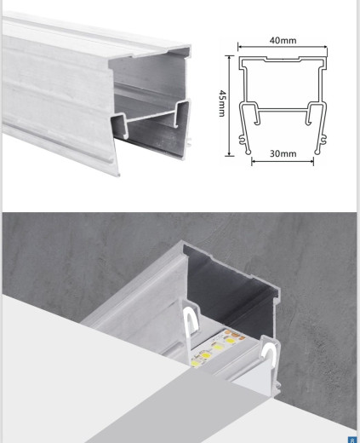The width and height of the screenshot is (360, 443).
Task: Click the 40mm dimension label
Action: point(283,40)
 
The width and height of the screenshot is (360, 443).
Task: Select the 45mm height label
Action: point(222,103)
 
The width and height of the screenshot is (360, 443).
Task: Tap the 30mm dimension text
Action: point(283,153)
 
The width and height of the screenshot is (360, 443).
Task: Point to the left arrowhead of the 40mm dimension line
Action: point(240,47)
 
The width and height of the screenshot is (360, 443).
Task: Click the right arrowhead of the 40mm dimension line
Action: point(325,47)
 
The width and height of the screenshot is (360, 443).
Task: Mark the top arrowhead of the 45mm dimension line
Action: point(229,58)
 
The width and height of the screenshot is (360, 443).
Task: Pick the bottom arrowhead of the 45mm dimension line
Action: point(229,154)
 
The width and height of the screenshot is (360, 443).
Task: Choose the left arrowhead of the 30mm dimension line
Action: point(254,162)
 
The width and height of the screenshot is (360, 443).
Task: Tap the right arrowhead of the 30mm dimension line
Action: point(311,162)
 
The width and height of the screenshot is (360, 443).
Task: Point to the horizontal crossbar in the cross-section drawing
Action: point(283,109)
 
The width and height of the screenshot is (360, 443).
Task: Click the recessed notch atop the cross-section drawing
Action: point(283,60)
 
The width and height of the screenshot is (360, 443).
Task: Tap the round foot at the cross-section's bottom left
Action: point(249,152)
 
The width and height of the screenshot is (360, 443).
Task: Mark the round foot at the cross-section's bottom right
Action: point(317,152)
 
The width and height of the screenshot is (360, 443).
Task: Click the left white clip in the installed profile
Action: point(188,321)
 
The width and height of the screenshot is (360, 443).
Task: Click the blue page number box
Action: point(352,439)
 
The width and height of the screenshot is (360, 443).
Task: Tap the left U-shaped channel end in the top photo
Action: point(119,125)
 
